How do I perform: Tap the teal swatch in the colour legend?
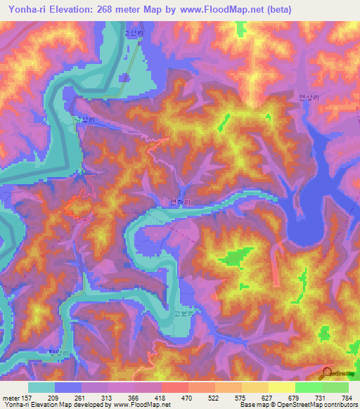[41, 387]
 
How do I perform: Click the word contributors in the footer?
[336, 404]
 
